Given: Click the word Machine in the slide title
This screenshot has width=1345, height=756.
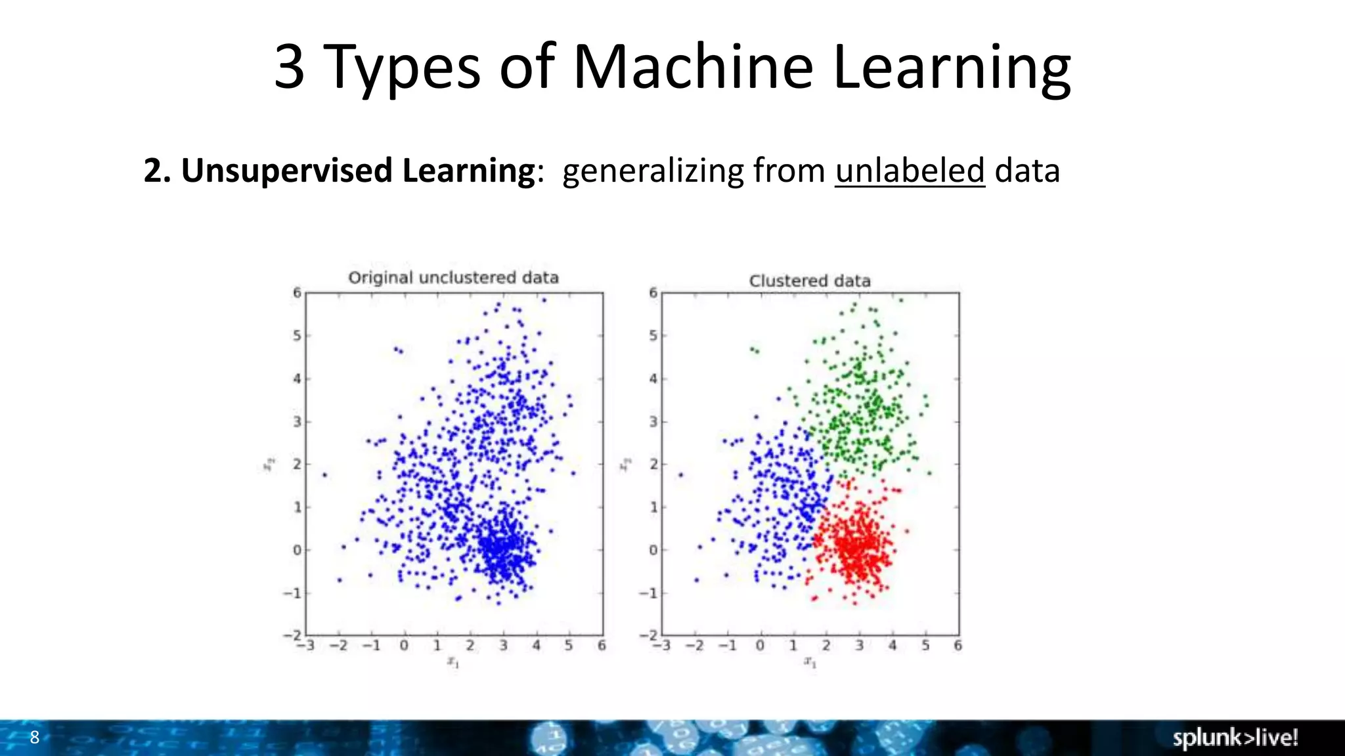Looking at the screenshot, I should (x=693, y=67).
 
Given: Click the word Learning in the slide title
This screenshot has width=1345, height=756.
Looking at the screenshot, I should (x=952, y=67).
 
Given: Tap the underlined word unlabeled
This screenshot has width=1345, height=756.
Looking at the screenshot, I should (x=910, y=171).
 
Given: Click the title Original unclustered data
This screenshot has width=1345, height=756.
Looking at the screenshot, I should (x=453, y=278).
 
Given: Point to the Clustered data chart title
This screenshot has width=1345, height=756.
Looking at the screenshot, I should (x=810, y=281).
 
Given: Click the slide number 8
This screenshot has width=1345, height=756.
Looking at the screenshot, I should (x=35, y=737).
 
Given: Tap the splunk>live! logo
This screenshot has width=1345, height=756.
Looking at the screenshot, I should (x=1235, y=738).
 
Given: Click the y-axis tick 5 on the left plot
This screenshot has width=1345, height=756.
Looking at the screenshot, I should (x=297, y=336).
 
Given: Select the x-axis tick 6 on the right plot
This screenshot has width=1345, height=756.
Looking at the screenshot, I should (x=958, y=646).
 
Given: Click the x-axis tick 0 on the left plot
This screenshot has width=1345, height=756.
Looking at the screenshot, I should (x=404, y=646).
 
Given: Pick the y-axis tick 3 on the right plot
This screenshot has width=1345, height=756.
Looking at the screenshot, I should (x=653, y=422).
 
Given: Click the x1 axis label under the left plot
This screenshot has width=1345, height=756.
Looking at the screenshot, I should (x=453, y=662).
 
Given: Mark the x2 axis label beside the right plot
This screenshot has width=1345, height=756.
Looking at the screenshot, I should (x=625, y=465).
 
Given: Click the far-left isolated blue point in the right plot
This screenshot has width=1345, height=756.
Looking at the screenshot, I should (x=681, y=474).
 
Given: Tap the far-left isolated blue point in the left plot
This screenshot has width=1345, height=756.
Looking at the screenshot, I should (x=324, y=474).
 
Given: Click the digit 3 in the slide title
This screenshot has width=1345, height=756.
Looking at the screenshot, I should (x=289, y=67).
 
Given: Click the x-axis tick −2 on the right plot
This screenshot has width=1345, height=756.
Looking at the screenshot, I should (x=694, y=646).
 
